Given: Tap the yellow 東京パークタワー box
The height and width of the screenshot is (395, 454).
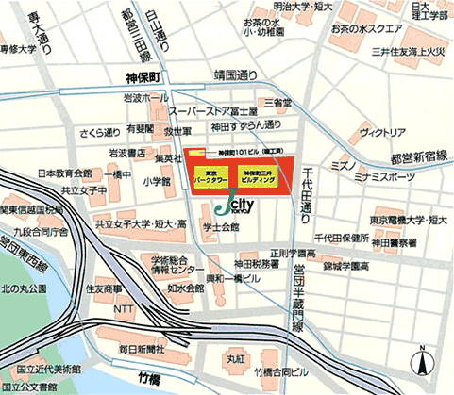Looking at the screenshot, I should [212, 175].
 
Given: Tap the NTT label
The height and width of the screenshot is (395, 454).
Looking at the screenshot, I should [123, 308].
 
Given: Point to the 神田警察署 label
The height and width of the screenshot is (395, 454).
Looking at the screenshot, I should [394, 243].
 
